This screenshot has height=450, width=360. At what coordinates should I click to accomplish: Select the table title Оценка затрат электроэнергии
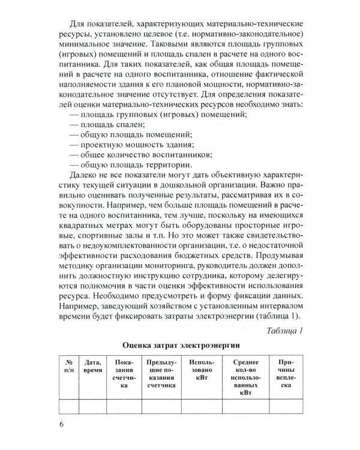pos(181,346)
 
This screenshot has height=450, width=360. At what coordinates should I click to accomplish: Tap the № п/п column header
pos(69,367)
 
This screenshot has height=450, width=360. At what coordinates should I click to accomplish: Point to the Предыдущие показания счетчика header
pos(160,376)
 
